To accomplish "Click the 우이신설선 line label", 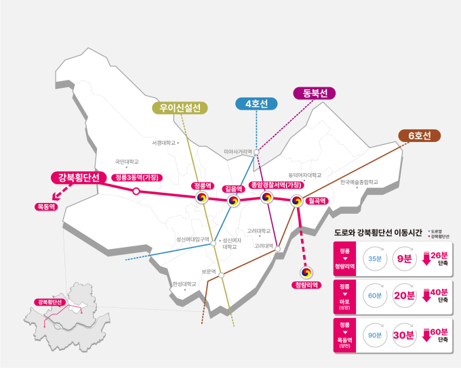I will point(180,108).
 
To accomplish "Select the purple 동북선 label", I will point(315,93).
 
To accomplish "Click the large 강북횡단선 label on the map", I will point(79,178).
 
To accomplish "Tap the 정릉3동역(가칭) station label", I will point(137,177).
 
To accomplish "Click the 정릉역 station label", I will point(202,185).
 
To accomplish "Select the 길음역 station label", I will point(233,189).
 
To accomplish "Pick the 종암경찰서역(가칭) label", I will point(275,185).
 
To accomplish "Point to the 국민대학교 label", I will point(126,162).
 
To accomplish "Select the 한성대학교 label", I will point(184,284).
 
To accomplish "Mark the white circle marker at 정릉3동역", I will point(136,191).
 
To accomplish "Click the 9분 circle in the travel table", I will point(405,258).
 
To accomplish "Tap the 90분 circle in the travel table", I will point(375,334).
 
